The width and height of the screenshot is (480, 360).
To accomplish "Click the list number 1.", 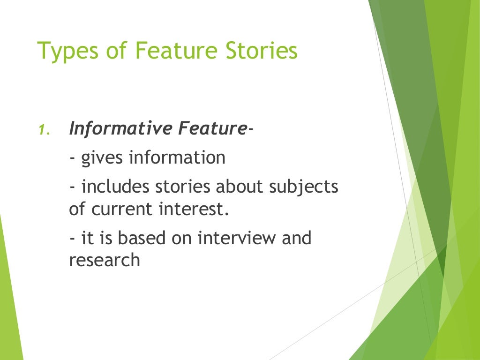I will [43, 130].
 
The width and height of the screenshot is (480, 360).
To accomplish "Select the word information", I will [177, 158].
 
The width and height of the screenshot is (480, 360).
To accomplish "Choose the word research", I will [105, 260].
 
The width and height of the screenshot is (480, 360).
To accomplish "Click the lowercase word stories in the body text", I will [181, 187].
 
